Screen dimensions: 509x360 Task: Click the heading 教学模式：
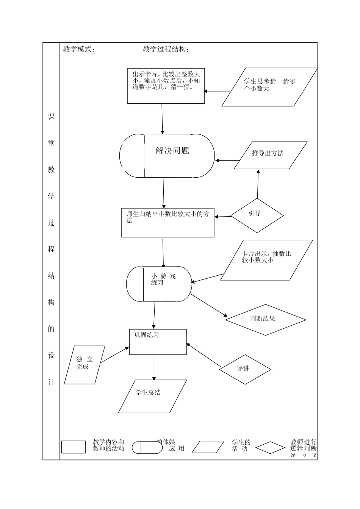pyautogui.click(x=79, y=49)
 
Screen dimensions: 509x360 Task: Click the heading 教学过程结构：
pyautogui.click(x=166, y=49)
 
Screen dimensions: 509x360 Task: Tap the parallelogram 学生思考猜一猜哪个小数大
pyautogui.click(x=269, y=87)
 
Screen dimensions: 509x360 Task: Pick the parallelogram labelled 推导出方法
pyautogui.click(x=270, y=155)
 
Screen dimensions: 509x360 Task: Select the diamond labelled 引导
pyautogui.click(x=257, y=215)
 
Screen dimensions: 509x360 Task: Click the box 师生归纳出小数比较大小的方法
pyautogui.click(x=168, y=222)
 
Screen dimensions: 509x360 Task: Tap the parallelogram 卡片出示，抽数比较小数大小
pyautogui.click(x=267, y=260)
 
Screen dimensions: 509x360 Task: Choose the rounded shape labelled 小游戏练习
pyautogui.click(x=159, y=284)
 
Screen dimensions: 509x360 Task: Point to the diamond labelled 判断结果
pyautogui.click(x=265, y=320)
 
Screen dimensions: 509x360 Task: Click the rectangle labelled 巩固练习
pyautogui.click(x=158, y=342)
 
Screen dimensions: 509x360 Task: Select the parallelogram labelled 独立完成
pyautogui.click(x=85, y=365)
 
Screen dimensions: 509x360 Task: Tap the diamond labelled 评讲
pyautogui.click(x=245, y=369)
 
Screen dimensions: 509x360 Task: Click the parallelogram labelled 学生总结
pyautogui.click(x=152, y=396)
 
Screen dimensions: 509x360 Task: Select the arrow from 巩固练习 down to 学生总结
pyautogui.click(x=154, y=367)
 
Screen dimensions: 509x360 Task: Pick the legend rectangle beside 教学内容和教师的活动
pyautogui.click(x=74, y=447)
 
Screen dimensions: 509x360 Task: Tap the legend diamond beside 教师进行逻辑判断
pyautogui.click(x=270, y=448)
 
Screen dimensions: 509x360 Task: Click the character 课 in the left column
pyautogui.click(x=51, y=117)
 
